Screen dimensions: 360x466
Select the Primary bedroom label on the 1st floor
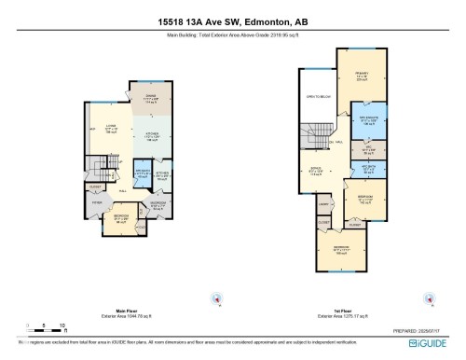[x=358, y=77]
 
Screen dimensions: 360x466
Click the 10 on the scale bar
[x=61, y=325]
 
